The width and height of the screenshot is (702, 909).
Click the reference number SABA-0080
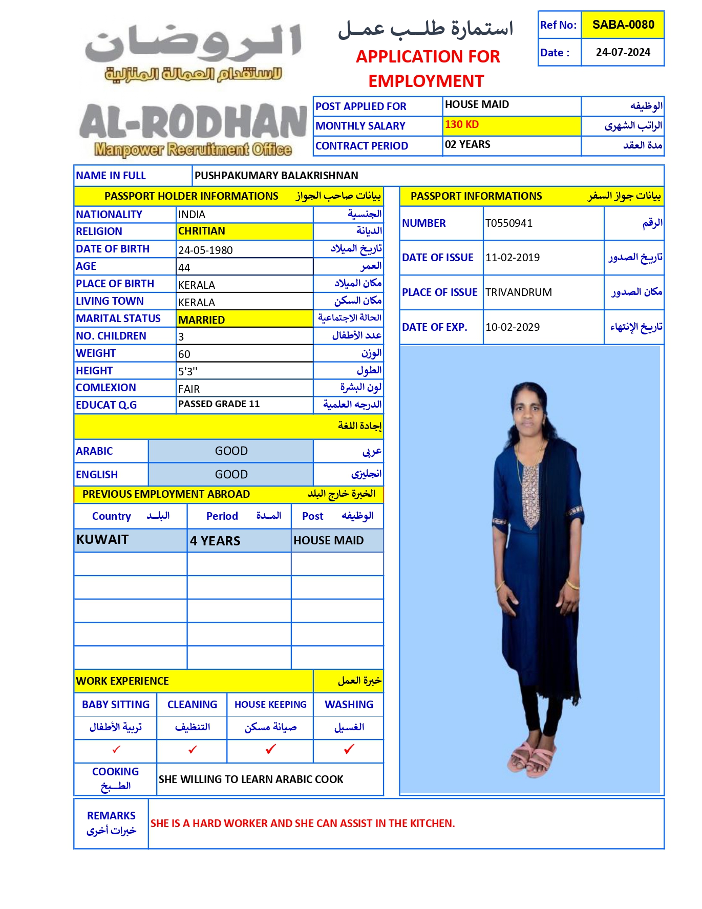point(623,25)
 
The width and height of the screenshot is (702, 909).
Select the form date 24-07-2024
point(623,52)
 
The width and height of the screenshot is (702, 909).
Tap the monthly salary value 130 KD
point(462,124)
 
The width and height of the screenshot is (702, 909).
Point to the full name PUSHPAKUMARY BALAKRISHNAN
point(276,176)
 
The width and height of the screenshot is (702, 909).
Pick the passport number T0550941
point(509,223)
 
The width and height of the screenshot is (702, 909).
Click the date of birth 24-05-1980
point(205,250)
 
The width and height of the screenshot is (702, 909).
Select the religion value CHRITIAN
point(202,231)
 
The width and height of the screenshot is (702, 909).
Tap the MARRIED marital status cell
point(202,320)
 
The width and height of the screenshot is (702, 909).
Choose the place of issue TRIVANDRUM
point(519,292)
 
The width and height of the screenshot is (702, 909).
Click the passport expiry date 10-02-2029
point(513,327)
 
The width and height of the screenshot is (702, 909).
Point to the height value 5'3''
point(188,371)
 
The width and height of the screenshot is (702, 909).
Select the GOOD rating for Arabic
point(231,451)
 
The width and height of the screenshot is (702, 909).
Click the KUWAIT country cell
point(102,540)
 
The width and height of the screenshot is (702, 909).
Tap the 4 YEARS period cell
point(215,541)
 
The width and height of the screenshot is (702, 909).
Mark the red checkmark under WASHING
point(349,749)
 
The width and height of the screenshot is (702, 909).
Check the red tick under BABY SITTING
point(116,749)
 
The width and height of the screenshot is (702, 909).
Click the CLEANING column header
point(192,705)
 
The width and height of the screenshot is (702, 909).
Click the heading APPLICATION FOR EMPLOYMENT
point(428,69)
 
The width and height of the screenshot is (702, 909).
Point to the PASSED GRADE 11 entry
point(219,404)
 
